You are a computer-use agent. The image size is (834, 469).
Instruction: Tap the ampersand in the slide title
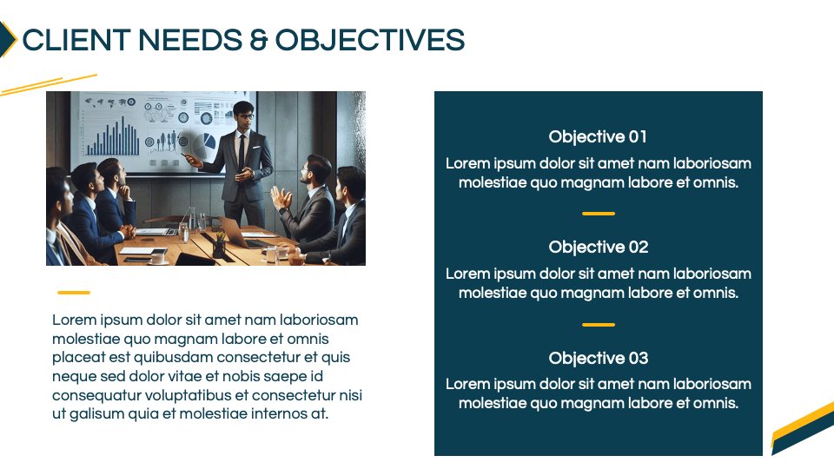pos(258,41)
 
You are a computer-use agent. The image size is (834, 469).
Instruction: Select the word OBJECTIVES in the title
pos(370,40)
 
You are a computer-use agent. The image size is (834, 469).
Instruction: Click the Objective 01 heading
pos(598,136)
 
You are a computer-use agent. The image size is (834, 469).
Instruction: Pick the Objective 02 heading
pos(599,248)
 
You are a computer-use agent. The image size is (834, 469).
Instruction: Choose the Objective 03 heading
pos(599,359)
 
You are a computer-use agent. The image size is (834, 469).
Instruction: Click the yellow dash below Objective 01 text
pos(599,214)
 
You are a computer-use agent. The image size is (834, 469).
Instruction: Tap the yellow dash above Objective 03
pos(599,324)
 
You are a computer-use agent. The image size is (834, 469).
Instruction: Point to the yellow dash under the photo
pos(74,293)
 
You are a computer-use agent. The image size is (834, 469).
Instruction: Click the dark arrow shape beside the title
pos(7,39)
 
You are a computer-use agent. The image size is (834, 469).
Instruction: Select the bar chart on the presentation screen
pos(113,136)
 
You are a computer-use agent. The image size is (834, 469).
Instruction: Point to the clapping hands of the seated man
pos(281,198)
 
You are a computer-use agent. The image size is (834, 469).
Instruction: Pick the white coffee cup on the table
pos(158,258)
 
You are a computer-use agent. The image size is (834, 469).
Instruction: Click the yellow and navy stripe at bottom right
pos(803,428)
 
